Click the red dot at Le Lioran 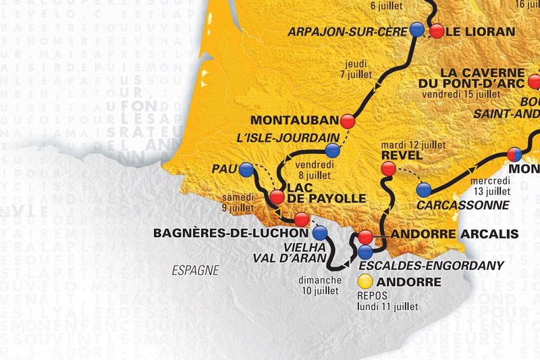point(437,30)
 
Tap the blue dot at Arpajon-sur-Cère point(417,30)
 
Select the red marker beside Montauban point(348,121)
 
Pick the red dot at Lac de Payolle point(277,197)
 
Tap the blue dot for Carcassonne point(424,189)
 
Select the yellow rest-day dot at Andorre point(366,280)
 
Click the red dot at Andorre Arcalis point(365,237)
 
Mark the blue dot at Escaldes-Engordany point(365,252)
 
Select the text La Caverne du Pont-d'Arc point(482,78)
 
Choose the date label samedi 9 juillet point(244,201)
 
